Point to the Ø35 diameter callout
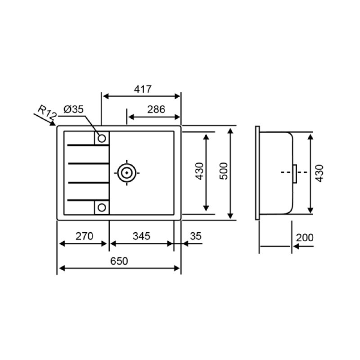point(73,109)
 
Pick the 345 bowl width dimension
point(141,236)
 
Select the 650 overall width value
point(119,261)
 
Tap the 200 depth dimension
point(305,238)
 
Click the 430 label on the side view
point(320,172)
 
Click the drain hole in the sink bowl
point(126,172)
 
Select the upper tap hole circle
point(102,137)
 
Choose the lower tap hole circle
point(102,207)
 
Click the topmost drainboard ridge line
point(87,146)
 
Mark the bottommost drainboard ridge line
point(87,199)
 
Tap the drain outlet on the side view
point(294,172)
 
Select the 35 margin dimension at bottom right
point(195,236)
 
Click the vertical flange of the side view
point(257,173)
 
